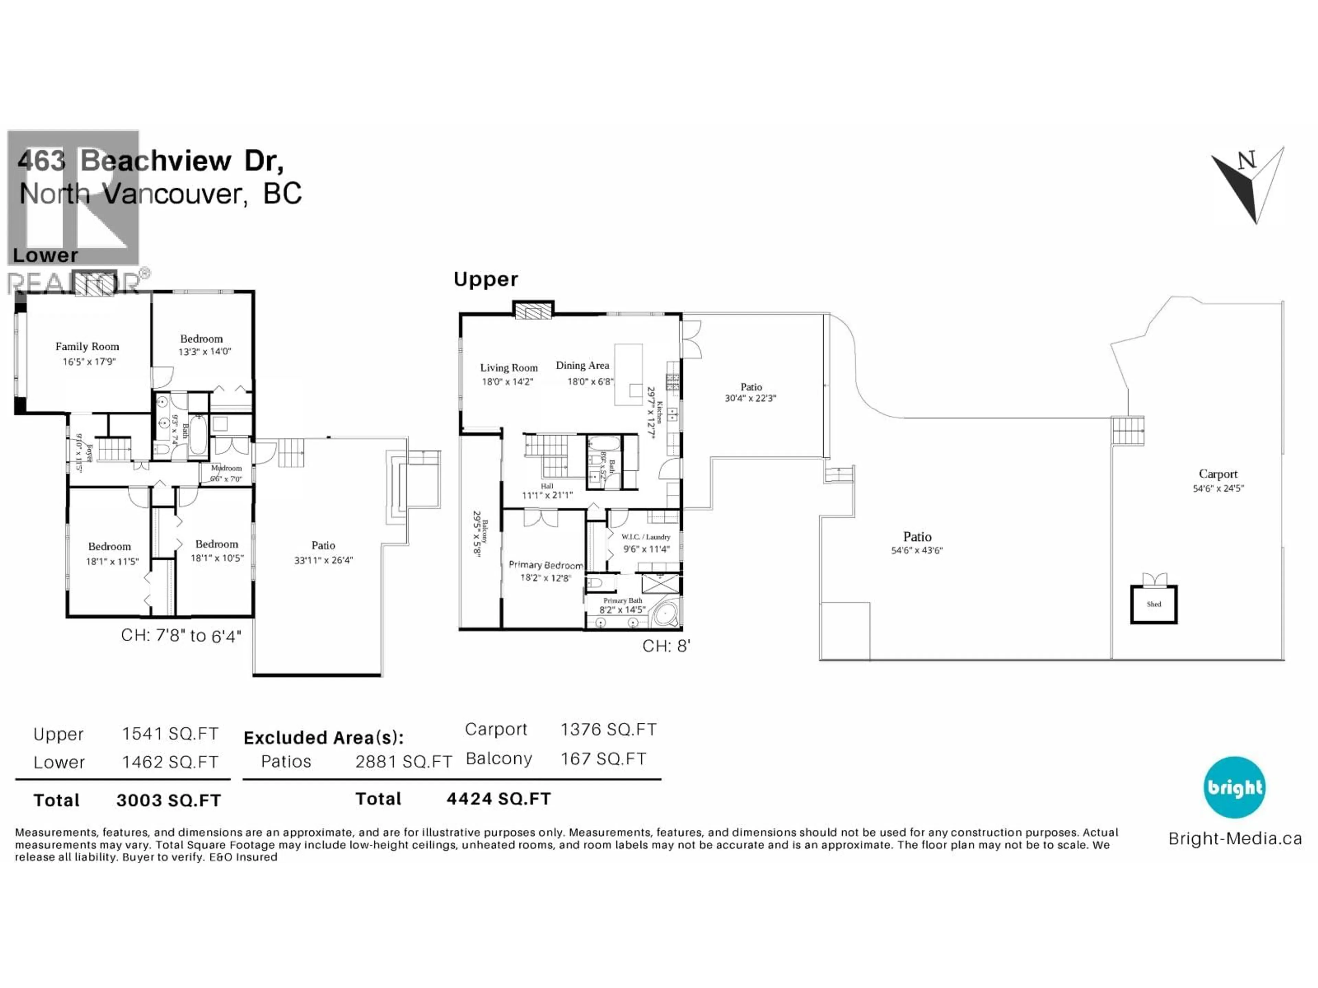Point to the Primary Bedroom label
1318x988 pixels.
pos(545,565)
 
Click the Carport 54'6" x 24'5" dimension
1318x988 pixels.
pos(1218,489)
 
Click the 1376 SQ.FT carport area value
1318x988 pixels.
pos(608,730)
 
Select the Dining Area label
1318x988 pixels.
pos(582,365)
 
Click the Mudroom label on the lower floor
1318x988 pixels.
pos(227,468)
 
